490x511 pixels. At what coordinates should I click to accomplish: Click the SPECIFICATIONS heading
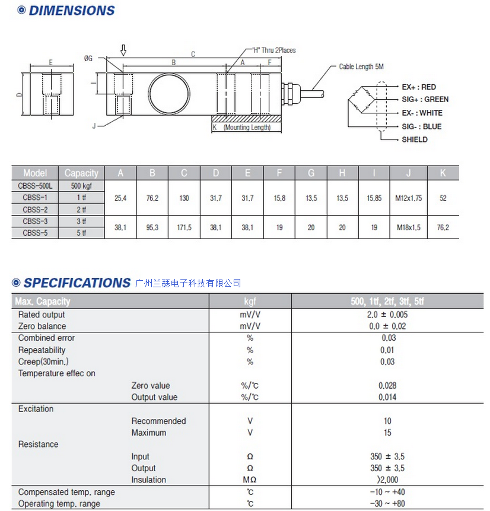[77, 283]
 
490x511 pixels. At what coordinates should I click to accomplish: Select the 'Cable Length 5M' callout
[361, 67]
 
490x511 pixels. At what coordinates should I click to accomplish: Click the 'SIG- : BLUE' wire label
[421, 126]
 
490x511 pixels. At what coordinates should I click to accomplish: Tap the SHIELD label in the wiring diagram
[415, 139]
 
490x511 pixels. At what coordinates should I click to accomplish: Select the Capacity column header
[81, 173]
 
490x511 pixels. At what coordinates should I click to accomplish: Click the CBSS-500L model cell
[36, 186]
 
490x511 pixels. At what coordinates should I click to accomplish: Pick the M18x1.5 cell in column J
[408, 227]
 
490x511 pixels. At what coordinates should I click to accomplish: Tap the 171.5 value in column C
[184, 227]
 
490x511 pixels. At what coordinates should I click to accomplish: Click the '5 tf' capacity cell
[81, 233]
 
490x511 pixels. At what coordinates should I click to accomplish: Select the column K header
[443, 173]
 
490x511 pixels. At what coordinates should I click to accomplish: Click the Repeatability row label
[42, 350]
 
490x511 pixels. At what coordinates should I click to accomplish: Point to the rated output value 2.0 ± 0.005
[387, 315]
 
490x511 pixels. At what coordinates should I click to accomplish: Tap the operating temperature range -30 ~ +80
[387, 504]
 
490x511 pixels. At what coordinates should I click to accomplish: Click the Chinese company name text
[188, 283]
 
